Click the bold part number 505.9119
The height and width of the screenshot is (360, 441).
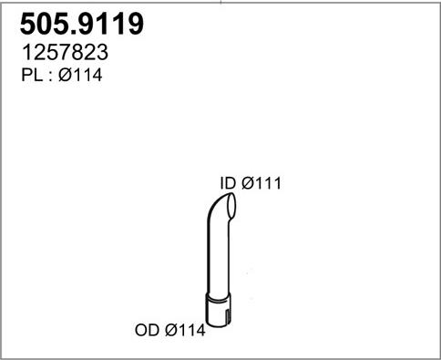coord(82,24)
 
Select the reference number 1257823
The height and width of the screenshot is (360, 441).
coord(65,52)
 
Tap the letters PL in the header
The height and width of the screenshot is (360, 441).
coord(32,75)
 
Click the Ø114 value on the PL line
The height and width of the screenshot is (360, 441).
coord(80,75)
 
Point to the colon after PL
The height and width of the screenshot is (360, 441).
coord(50,77)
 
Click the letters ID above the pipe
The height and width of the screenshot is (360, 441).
coord(228,183)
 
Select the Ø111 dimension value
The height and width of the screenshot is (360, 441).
coord(262,183)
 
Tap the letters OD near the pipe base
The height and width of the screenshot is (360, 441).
coord(147,330)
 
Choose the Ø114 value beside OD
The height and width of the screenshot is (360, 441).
coord(185,330)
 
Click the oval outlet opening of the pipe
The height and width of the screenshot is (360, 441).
coord(231,208)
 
